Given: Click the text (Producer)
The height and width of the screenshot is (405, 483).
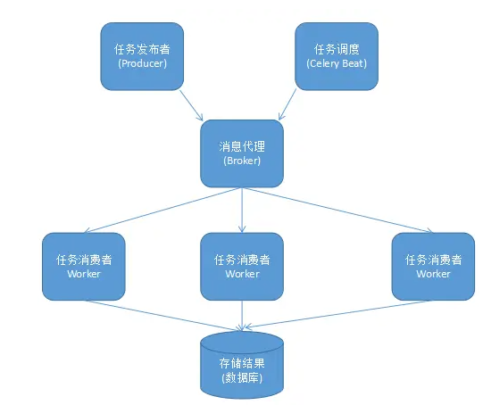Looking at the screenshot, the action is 142,63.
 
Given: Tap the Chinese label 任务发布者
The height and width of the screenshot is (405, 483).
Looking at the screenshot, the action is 142,49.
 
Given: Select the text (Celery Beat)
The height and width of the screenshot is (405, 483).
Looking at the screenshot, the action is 337,63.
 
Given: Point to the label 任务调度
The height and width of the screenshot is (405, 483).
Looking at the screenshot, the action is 337,49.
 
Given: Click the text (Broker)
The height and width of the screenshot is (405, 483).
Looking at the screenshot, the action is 242,161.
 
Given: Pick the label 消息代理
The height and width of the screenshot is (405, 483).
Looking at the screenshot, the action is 242,146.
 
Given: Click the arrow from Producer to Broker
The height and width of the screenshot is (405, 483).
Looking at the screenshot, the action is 191,105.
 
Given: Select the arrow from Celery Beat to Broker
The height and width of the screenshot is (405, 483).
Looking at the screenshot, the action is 287,104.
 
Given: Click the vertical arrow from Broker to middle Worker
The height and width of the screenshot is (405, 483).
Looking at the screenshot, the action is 242,210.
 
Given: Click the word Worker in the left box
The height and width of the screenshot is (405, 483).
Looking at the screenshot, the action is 84,274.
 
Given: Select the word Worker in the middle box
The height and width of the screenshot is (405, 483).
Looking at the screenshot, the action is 242,274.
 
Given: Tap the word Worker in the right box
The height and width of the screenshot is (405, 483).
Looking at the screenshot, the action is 433,274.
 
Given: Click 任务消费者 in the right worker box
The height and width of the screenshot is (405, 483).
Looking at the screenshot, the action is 433,260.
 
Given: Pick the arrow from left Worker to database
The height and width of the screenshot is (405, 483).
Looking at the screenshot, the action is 162,316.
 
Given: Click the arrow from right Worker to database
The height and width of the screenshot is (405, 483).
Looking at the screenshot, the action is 337,314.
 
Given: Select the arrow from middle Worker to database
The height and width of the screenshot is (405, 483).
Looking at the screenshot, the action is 242,316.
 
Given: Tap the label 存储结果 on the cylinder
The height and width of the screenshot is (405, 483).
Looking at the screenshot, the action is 242,363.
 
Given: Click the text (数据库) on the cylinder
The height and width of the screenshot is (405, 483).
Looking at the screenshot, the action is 242,378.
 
